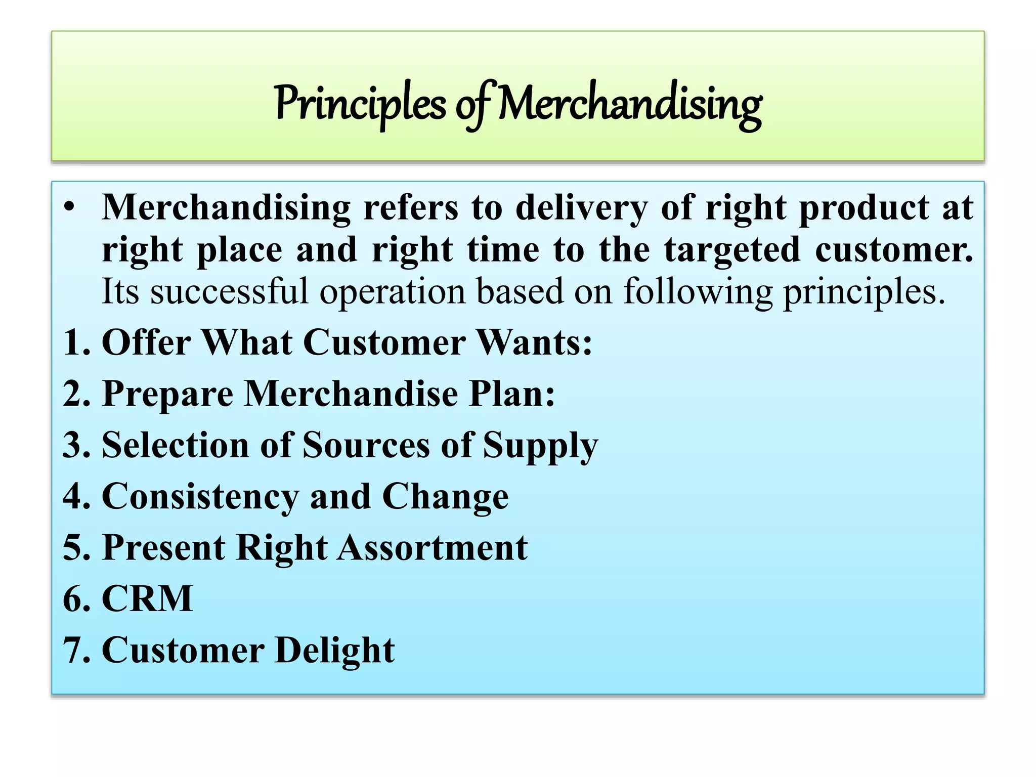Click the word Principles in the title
click(360, 104)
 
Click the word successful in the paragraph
click(229, 292)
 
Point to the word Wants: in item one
click(535, 343)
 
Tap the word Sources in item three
click(366, 446)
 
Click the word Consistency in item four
click(200, 497)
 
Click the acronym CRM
click(147, 599)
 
